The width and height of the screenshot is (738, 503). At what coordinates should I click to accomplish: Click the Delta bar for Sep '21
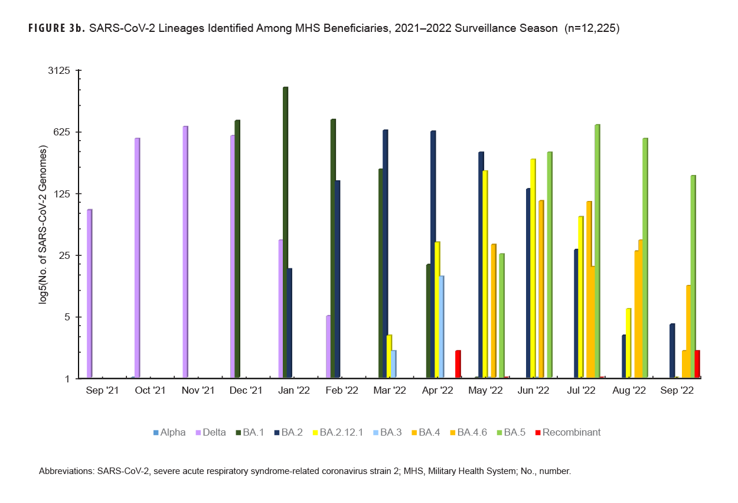point(89,293)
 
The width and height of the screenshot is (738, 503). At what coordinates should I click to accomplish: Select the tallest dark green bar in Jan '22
point(285,232)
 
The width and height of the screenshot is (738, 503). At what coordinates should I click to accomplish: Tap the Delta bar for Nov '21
point(185,251)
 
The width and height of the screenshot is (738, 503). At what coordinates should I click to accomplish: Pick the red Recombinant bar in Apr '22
point(458,364)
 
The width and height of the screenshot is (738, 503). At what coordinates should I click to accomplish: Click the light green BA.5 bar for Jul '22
point(597,251)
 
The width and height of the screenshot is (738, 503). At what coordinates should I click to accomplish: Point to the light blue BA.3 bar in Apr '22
point(441,326)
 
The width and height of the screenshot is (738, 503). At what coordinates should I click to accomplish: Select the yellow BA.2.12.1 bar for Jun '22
point(533,268)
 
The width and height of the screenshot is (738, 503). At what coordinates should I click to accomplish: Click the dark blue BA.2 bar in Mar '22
point(385,254)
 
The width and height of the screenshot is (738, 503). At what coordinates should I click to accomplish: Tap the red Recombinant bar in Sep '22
point(697,364)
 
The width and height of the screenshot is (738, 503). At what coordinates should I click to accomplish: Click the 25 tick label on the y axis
point(63,255)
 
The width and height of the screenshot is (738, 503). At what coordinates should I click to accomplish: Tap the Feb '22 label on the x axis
point(342,391)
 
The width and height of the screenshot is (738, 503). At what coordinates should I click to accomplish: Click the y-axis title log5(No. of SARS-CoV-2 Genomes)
point(43,224)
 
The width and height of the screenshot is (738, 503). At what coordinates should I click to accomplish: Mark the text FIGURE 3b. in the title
point(56,29)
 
